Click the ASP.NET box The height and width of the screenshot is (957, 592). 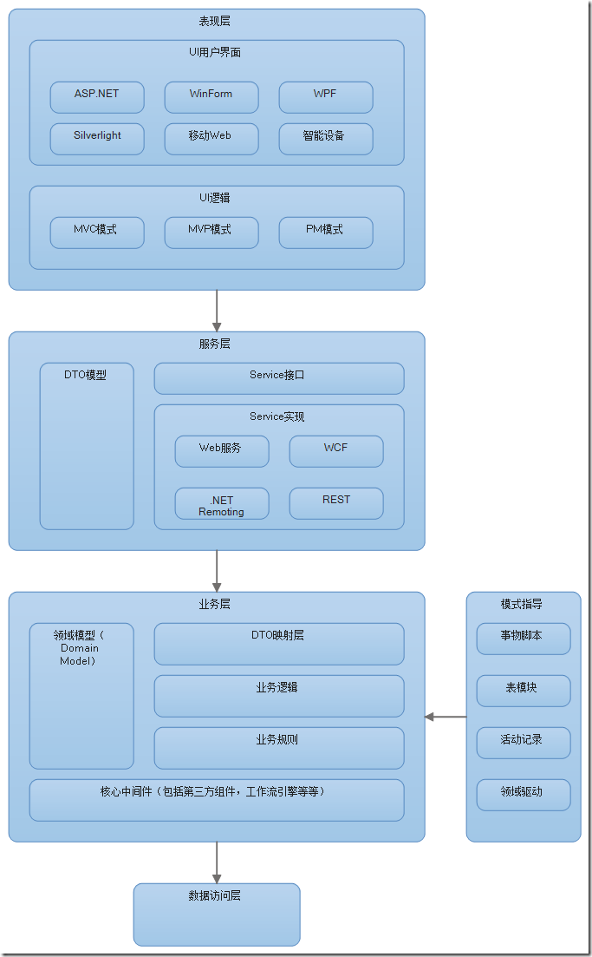[x=97, y=97]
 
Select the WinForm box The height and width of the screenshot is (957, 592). [x=211, y=97]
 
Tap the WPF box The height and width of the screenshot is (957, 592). [x=326, y=97]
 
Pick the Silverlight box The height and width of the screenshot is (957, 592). [x=97, y=139]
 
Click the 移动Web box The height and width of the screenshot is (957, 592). [x=211, y=139]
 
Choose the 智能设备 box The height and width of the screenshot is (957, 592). [x=326, y=139]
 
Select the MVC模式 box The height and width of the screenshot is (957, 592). [x=97, y=233]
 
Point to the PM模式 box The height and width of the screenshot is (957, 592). [x=326, y=233]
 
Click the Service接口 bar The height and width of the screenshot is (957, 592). [x=279, y=378]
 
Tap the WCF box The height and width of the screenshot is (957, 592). [x=336, y=451]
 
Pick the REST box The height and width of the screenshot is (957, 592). [x=336, y=503]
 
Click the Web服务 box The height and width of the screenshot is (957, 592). [x=222, y=451]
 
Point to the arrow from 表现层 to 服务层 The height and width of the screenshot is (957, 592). [x=217, y=310]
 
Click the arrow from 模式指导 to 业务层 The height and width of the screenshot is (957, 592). [x=446, y=717]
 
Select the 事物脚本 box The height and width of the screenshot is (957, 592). [x=524, y=639]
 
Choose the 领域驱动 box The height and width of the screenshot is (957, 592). [x=524, y=795]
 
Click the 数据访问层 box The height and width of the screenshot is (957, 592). [x=217, y=914]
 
